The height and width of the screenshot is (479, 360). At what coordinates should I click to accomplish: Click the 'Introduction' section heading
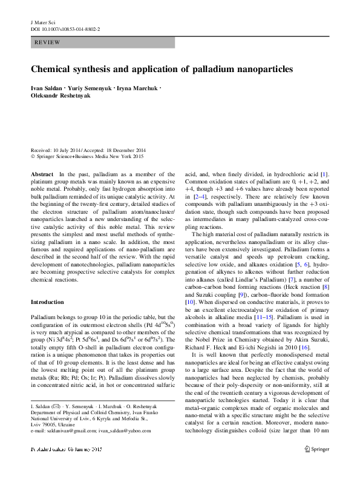coord(48,285)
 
